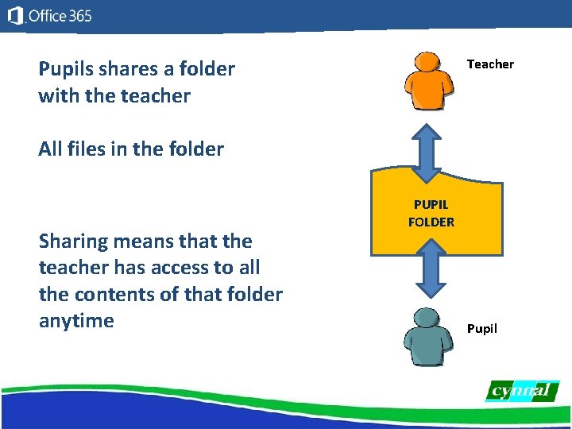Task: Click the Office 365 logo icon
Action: [14, 16]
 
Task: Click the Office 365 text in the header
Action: [60, 16]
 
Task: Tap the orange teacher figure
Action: [428, 83]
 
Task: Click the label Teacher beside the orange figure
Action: [490, 64]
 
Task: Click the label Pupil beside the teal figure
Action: [482, 328]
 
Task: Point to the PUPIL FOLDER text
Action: [431, 214]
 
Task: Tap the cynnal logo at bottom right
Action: [522, 391]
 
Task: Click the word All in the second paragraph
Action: [50, 149]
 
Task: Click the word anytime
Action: [76, 321]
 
